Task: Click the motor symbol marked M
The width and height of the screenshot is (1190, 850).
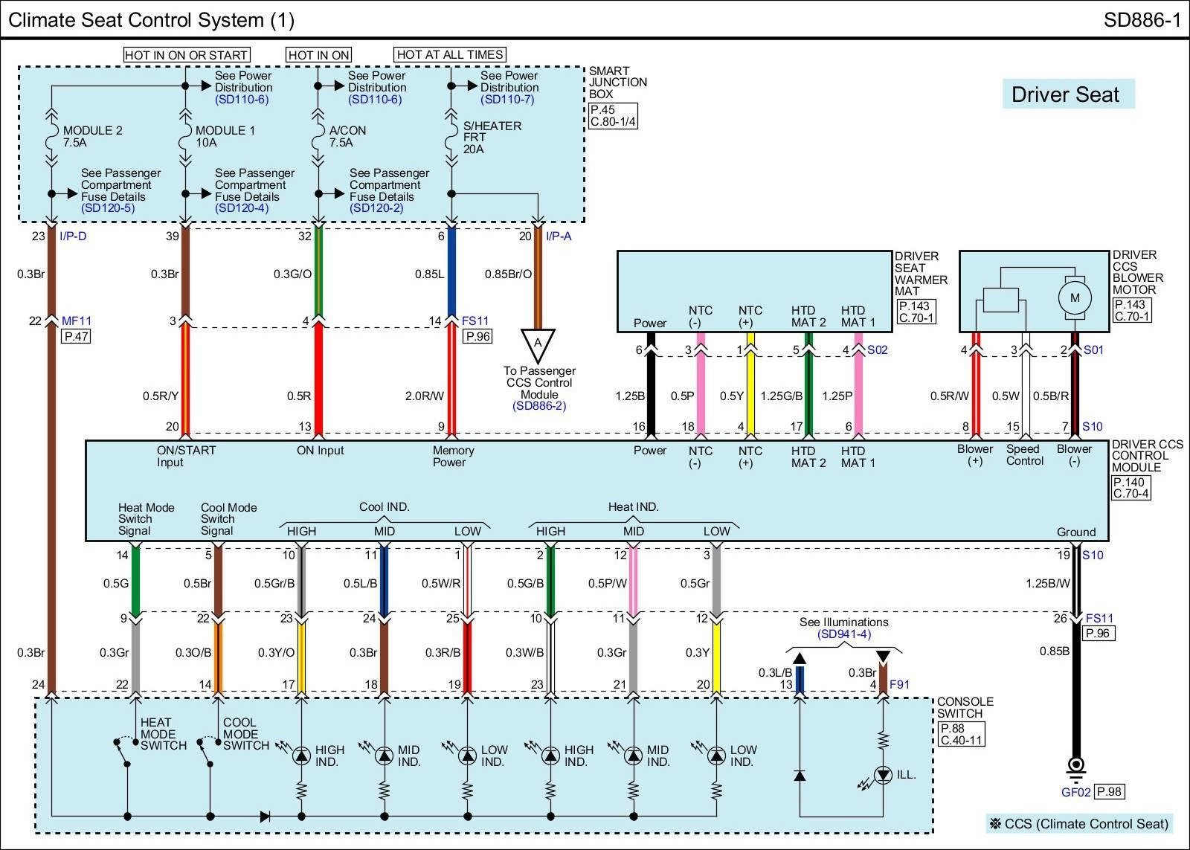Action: (1074, 297)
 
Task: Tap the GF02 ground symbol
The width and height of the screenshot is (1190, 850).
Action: (1075, 767)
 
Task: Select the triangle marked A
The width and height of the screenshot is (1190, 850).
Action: (538, 344)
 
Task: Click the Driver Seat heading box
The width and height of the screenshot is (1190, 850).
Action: (1067, 94)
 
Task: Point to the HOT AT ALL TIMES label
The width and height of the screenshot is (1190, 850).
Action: (450, 54)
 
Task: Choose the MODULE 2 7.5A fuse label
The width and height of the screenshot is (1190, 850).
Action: (92, 136)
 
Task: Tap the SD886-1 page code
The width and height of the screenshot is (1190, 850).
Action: (1142, 20)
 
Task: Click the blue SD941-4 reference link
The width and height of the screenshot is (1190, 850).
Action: (843, 634)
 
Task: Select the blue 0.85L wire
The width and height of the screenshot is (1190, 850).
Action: (451, 274)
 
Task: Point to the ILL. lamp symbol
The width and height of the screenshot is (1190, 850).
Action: (883, 775)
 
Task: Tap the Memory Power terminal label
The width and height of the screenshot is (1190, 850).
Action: (452, 456)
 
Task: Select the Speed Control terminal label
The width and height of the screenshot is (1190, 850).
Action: (1024, 454)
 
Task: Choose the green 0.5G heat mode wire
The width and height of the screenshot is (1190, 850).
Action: (135, 582)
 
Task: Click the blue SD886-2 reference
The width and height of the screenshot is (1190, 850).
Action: (538, 406)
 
